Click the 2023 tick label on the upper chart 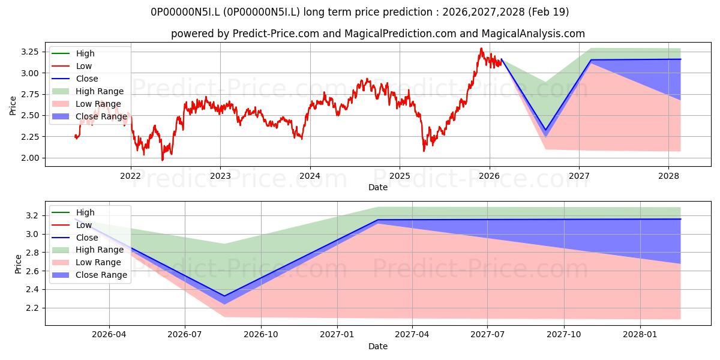(220, 176)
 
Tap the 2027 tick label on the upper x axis (579, 176)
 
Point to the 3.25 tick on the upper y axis (30, 52)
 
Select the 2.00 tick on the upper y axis (30, 158)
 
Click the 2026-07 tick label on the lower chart (185, 335)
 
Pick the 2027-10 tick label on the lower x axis (564, 335)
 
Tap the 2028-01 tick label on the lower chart (640, 335)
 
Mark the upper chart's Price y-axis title (13, 106)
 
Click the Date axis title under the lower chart (377, 346)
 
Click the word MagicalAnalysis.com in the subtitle (533, 34)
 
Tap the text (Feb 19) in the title (548, 12)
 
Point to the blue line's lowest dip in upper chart (545, 130)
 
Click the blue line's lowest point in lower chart (224, 296)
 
